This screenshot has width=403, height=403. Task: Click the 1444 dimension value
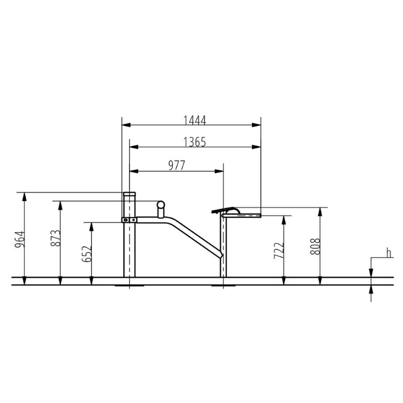(194, 120)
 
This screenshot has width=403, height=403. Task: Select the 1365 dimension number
(194, 142)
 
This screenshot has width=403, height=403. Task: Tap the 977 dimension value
(177, 166)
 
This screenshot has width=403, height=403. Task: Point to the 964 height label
(20, 240)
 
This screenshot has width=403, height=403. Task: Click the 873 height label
(56, 238)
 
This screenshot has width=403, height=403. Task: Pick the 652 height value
(87, 254)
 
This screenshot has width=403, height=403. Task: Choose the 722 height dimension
(279, 250)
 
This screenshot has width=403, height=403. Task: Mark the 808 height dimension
(315, 246)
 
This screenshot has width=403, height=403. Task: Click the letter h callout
(389, 253)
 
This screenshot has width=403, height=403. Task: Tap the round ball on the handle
(161, 205)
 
